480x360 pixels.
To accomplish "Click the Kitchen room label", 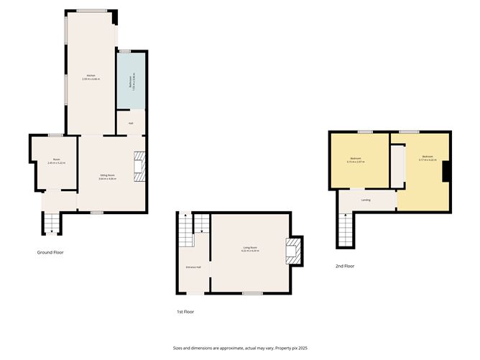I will click(x=91, y=77).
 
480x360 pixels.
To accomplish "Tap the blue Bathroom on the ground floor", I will click(x=131, y=81).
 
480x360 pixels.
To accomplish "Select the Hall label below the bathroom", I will click(x=131, y=124).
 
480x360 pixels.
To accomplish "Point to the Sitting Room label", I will click(x=107, y=177).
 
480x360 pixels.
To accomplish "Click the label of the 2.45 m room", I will click(x=56, y=162).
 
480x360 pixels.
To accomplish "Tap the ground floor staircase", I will click(x=51, y=225).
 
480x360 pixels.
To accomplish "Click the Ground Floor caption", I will click(x=50, y=252).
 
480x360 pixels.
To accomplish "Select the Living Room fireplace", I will click(x=293, y=251).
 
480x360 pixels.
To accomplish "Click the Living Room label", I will click(x=249, y=249).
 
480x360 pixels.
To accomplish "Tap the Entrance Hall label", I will click(x=193, y=267).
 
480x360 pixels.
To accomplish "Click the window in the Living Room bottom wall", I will click(x=251, y=293).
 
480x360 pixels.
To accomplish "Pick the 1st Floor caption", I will click(x=185, y=312).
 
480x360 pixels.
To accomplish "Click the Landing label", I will click(x=366, y=200).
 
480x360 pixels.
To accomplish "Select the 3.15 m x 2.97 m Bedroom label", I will click(x=356, y=160).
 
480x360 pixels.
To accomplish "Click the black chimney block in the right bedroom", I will click(x=446, y=171).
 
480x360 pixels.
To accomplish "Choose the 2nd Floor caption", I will click(x=345, y=266).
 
